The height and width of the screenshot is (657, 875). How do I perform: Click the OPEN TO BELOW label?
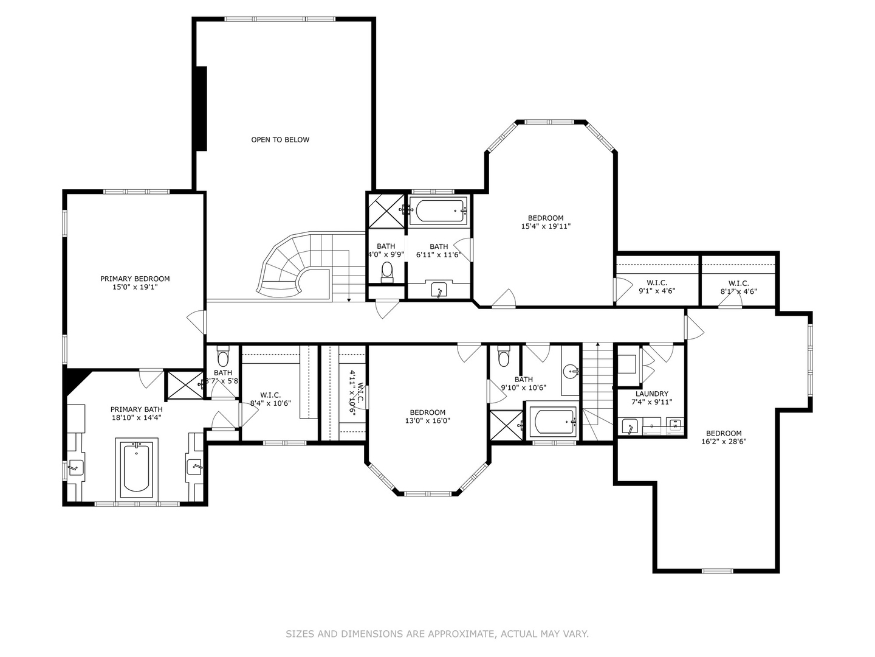[280, 140]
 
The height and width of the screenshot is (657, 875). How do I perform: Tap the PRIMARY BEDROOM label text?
[135, 279]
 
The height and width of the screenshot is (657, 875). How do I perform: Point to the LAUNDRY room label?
[651, 394]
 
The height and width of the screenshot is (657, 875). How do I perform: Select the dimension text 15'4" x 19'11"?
[546, 226]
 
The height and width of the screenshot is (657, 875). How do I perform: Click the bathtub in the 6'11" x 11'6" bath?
[437, 211]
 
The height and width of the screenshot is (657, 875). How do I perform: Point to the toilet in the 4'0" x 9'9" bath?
[387, 271]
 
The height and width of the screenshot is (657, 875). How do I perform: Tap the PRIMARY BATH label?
[136, 409]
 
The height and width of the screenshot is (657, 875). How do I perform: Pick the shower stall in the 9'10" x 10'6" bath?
[506, 425]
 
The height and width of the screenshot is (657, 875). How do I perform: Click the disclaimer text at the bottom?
[437, 634]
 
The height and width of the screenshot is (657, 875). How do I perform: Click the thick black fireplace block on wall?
[201, 108]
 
